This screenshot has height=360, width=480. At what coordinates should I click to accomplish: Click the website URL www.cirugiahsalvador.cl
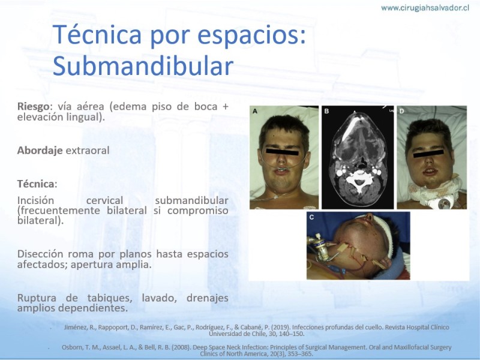coord(425,8)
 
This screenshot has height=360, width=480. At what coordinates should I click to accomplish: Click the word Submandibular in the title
coord(143,66)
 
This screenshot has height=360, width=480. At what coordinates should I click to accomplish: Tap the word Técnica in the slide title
coord(97,34)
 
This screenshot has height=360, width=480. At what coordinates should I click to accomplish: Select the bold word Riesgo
coord(33,107)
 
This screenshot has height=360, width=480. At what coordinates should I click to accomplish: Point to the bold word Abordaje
coord(40,151)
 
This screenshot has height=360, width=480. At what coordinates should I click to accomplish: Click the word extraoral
coord(88,151)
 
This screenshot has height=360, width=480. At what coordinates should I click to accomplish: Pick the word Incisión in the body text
coord(35,200)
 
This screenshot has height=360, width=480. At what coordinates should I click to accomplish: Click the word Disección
coord(40,254)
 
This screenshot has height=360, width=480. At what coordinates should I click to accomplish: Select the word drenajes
coord(207,298)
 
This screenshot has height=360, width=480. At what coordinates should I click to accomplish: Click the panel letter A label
coord(254,111)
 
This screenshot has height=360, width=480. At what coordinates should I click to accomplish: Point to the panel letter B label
coord(326,111)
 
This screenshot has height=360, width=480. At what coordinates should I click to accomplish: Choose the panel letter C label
coord(311,217)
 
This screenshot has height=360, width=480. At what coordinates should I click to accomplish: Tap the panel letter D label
coord(401,111)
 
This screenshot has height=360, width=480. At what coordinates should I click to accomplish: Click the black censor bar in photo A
coord(281,152)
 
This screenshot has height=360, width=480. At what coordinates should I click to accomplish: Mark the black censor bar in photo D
coord(428,154)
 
